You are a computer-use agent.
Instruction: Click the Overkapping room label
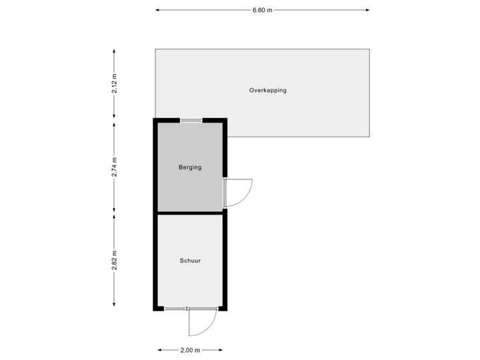(268, 90)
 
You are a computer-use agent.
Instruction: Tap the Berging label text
(190, 167)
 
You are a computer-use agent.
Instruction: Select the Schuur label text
(190, 261)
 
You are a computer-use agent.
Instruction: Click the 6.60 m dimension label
(263, 10)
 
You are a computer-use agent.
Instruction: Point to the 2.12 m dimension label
(115, 83)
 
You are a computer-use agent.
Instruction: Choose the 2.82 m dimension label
(115, 261)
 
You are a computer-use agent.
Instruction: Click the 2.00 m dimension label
(190, 350)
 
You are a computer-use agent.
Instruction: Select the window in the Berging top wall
(191, 120)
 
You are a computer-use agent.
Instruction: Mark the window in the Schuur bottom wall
(176, 309)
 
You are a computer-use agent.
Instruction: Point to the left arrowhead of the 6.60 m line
(157, 10)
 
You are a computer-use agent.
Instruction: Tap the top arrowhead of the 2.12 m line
(115, 51)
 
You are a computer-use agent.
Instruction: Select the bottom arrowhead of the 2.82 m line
(115, 305)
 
